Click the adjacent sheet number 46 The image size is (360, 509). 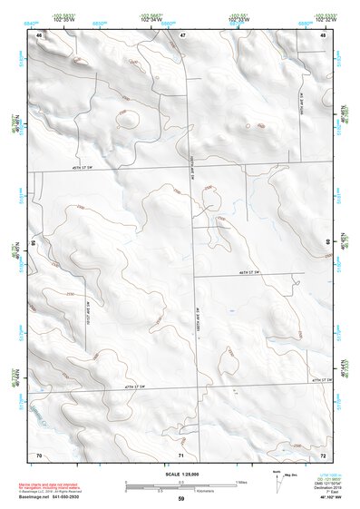[39, 34]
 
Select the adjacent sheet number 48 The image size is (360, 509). [323, 34]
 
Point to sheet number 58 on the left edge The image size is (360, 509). [33, 243]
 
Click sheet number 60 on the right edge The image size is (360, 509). [329, 243]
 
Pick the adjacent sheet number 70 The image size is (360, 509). [39, 454]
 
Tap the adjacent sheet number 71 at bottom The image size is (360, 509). [181, 454]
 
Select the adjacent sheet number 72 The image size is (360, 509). [323, 454]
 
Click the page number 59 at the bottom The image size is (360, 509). [180, 499]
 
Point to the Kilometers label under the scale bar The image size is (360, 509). [185, 492]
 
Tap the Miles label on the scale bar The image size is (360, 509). [240, 481]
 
